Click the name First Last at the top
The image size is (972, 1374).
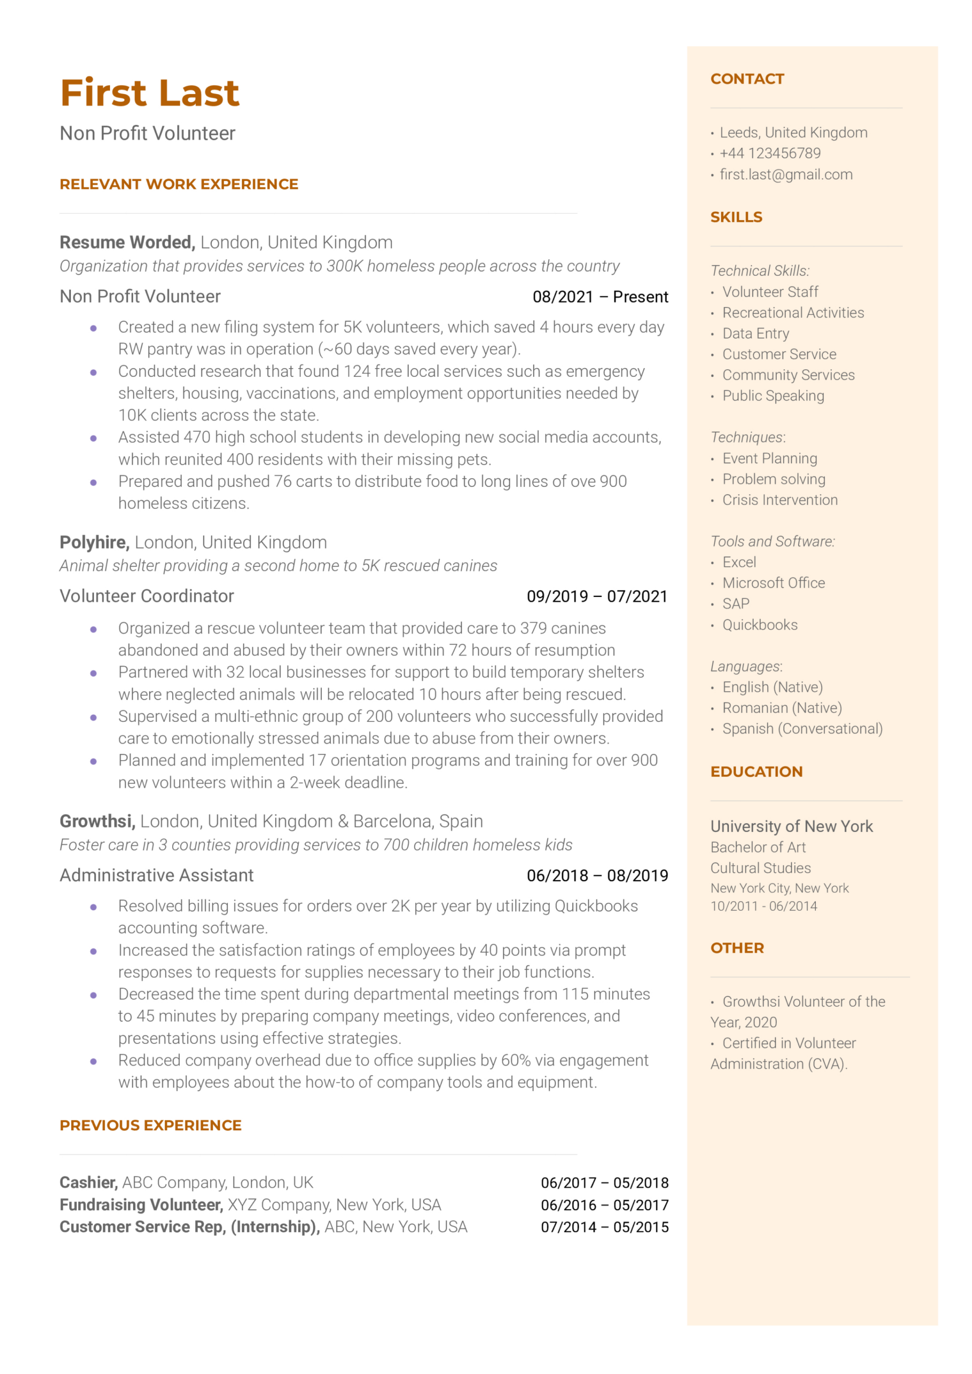tap(150, 93)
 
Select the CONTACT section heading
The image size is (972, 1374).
tap(747, 79)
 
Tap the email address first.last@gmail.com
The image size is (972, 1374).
tap(786, 174)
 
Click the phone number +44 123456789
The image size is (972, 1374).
tap(770, 154)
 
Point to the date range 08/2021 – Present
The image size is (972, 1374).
tap(600, 297)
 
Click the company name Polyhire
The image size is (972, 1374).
tap(94, 543)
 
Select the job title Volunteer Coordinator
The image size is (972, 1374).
tap(146, 596)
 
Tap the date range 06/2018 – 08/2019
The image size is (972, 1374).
tap(597, 875)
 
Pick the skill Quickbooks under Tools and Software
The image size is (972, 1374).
tap(760, 625)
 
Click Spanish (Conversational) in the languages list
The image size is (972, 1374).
tap(802, 729)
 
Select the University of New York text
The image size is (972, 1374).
tap(791, 826)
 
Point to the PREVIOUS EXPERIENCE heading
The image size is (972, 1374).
tap(151, 1125)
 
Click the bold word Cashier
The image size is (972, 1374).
tap(88, 1182)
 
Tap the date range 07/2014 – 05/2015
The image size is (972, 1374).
tap(605, 1227)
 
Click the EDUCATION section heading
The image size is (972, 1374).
tap(756, 772)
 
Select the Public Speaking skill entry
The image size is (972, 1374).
tap(772, 396)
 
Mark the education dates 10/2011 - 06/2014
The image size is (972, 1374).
tap(763, 906)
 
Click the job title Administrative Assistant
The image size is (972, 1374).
tap(157, 875)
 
